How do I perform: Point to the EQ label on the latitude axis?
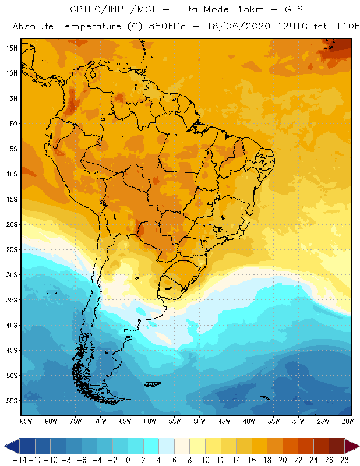tap(13, 123)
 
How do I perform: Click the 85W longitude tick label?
tap(26, 421)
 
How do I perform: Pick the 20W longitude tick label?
tap(348, 421)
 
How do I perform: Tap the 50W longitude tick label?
tap(199, 421)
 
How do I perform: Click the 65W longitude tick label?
tap(125, 421)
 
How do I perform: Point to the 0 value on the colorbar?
tap(127, 460)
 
